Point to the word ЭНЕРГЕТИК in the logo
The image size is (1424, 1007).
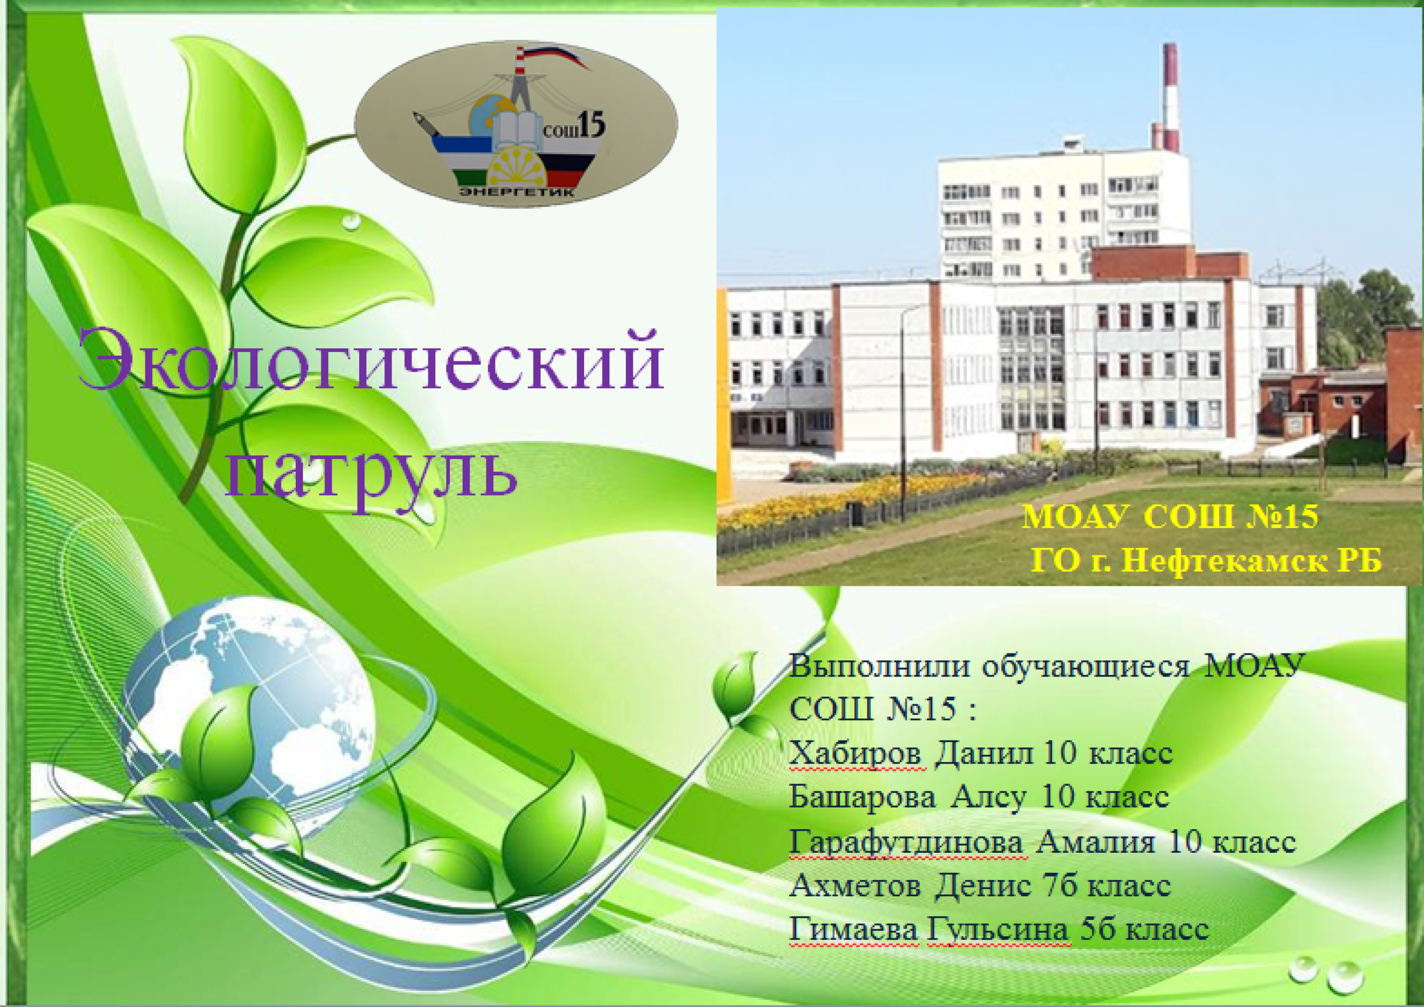(516, 192)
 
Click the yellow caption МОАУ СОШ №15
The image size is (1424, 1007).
(1170, 516)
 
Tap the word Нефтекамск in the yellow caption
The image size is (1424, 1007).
(1220, 560)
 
